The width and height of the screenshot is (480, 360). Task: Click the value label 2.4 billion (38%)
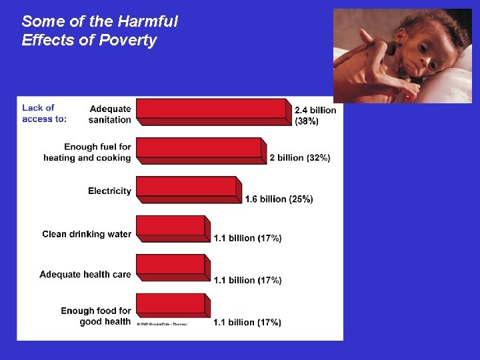click(315, 115)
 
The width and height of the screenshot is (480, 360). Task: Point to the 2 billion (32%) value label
click(299, 158)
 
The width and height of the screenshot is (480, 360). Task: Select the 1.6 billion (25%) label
click(279, 199)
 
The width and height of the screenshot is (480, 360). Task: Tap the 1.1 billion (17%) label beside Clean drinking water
click(247, 238)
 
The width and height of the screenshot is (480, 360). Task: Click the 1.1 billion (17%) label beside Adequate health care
click(247, 280)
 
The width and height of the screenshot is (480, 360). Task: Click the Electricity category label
click(109, 191)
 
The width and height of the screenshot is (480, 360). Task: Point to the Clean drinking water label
click(87, 234)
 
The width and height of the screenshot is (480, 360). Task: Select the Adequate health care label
click(85, 274)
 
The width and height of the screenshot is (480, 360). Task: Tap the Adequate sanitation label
click(110, 114)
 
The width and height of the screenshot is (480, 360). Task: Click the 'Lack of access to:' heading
click(44, 113)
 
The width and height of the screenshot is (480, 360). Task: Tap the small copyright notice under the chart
click(162, 324)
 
